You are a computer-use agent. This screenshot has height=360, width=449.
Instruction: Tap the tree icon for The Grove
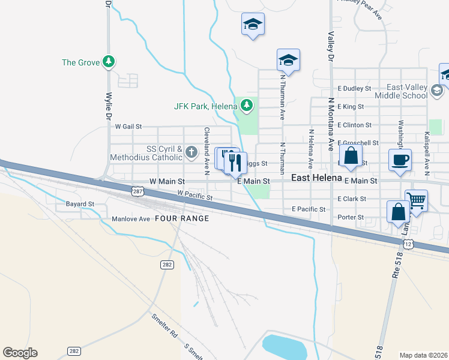tap(109, 61)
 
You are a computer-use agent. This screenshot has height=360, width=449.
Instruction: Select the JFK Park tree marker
tap(246, 106)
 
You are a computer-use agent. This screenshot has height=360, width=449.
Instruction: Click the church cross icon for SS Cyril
tap(191, 152)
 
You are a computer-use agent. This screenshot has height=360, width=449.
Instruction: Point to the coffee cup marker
tap(400, 160)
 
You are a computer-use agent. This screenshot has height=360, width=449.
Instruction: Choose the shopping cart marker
tap(416, 200)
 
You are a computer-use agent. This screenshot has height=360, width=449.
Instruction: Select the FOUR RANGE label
tap(182, 218)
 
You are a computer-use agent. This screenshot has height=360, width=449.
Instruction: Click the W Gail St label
tap(128, 127)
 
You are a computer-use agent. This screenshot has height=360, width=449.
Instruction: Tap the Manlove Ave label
tap(130, 219)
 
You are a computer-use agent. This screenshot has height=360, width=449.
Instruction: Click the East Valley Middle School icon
tap(437, 91)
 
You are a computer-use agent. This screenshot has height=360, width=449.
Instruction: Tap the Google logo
tap(20, 353)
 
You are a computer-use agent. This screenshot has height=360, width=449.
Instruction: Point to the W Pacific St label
tap(195, 196)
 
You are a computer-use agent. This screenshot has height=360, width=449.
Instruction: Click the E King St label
tap(351, 107)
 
